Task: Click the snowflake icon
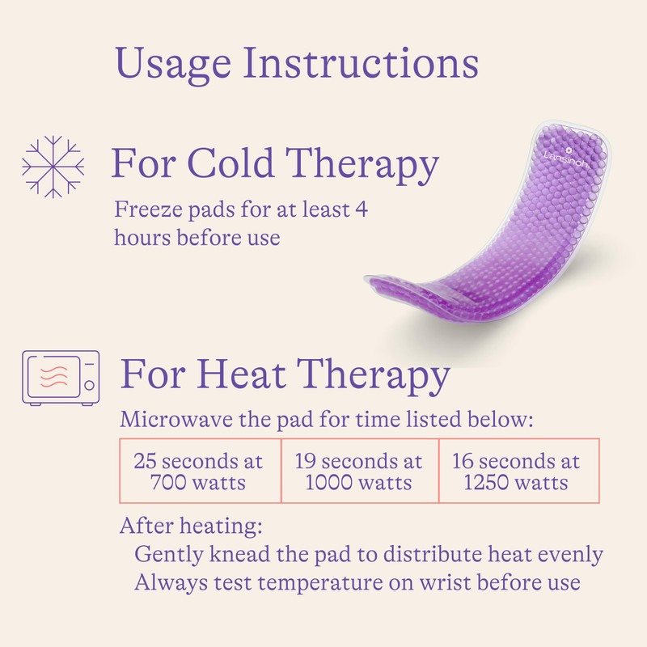pos(52,167)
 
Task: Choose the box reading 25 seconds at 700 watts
pos(198,472)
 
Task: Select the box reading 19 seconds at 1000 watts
pos(358,472)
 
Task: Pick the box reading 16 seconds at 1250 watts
pos(518,472)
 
